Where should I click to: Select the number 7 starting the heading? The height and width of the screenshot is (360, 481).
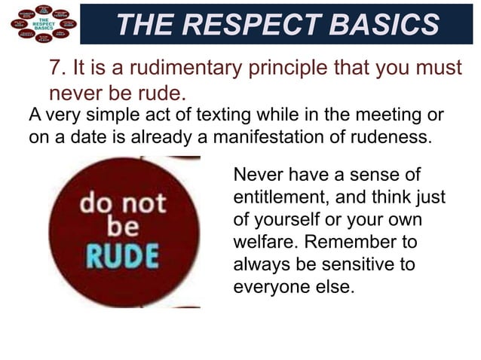(55, 67)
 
